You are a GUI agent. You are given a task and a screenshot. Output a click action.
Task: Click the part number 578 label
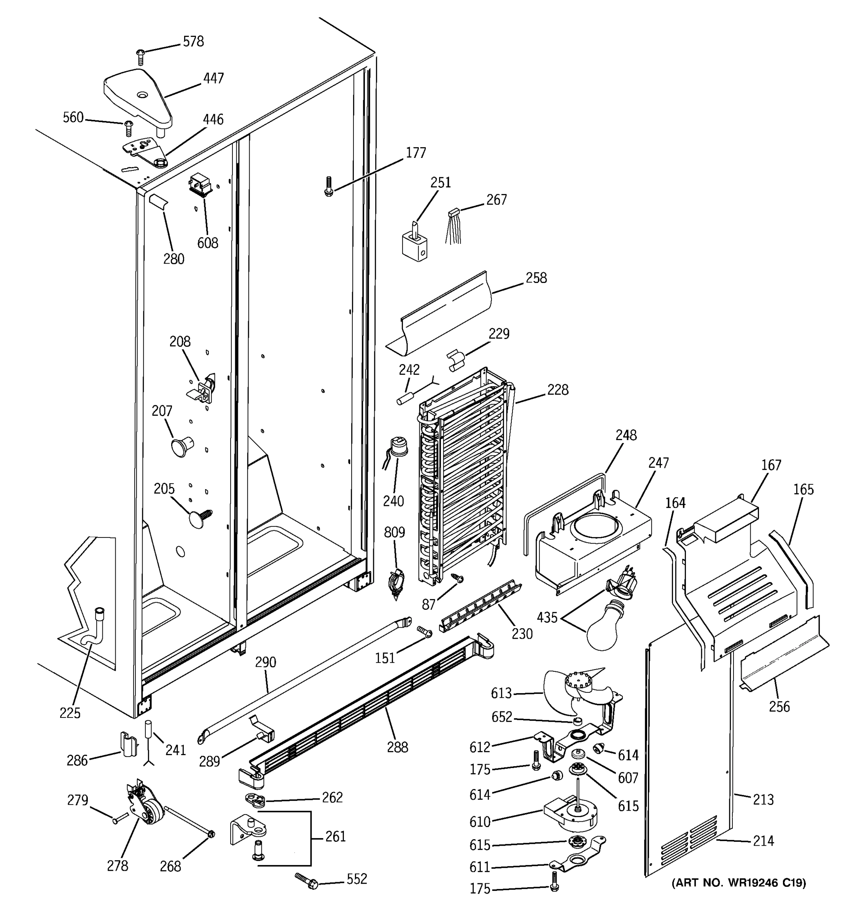point(193,41)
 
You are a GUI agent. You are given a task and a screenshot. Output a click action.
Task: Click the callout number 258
point(536,278)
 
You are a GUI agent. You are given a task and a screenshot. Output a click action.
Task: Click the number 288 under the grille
point(397,748)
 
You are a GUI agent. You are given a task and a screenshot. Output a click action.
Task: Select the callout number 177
point(415,153)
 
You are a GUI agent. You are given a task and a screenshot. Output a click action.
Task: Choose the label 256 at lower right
point(779,706)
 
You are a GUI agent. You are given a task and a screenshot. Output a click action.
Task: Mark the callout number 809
point(395,533)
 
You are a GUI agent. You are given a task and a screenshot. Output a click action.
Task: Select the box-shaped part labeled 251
point(415,246)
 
